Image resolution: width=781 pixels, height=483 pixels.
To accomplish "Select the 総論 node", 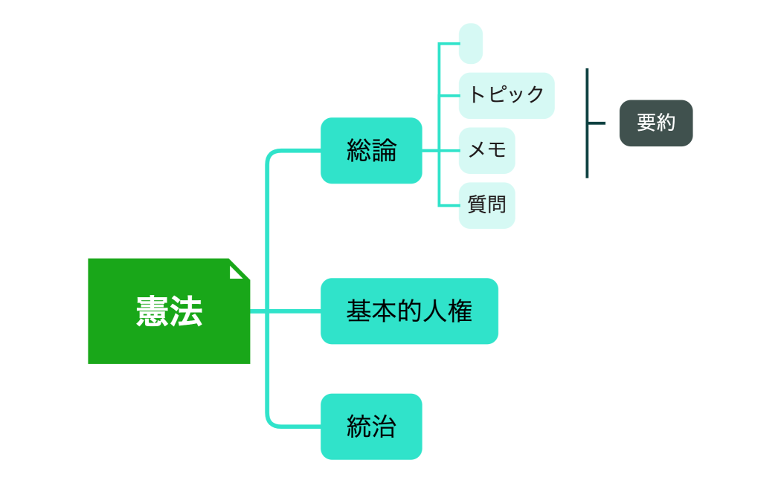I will click(371, 150).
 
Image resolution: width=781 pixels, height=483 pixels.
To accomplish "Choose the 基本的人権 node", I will click(409, 311).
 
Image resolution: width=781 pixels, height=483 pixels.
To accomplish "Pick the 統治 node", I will click(371, 427).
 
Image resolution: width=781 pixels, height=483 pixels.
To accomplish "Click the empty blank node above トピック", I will click(471, 44).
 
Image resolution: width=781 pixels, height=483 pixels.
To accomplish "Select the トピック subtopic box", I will click(507, 95).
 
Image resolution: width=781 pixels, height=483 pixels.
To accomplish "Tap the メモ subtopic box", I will click(486, 150).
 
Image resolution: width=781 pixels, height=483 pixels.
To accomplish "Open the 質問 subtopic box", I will click(486, 205).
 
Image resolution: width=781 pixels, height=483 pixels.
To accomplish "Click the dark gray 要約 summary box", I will click(656, 123).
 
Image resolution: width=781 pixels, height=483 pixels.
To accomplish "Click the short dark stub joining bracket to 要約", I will click(597, 123).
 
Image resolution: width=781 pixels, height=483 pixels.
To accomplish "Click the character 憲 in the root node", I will click(152, 311).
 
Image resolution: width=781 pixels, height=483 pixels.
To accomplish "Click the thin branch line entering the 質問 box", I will click(449, 205).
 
